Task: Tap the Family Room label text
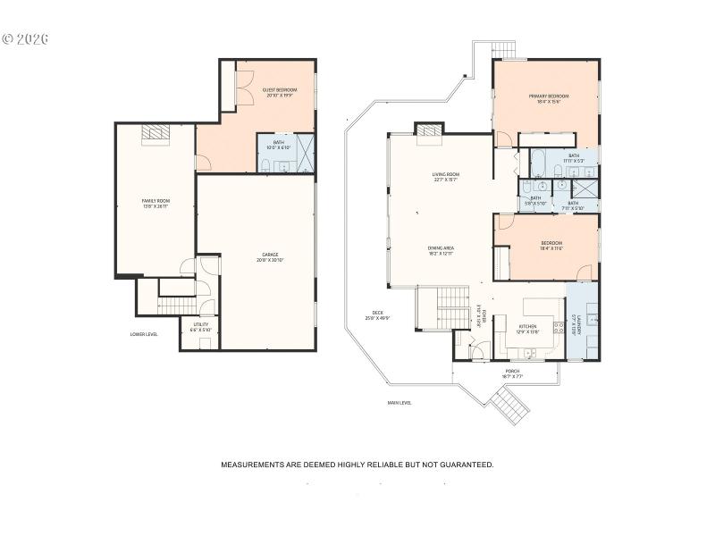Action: (x=156, y=203)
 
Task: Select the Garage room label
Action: (x=270, y=256)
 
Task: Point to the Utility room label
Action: (x=200, y=328)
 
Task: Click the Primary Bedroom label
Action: (x=548, y=98)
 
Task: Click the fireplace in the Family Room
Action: (x=157, y=132)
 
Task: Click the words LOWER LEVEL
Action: (x=144, y=334)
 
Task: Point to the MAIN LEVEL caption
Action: (x=400, y=403)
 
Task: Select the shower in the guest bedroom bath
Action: (x=305, y=153)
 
